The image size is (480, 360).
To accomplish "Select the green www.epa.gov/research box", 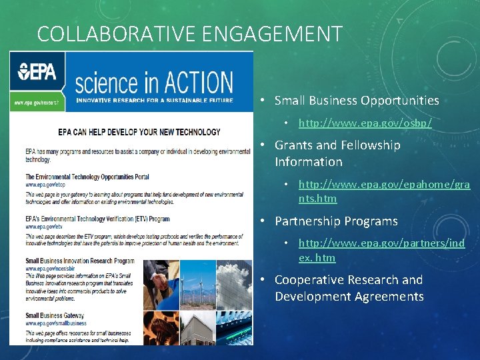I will click(x=37, y=103).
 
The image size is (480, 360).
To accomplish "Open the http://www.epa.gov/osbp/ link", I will click(x=365, y=123).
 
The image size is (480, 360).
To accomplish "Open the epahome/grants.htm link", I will click(x=384, y=191).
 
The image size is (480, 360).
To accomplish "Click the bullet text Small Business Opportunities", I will click(x=357, y=101).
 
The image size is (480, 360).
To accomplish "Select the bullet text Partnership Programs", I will click(x=336, y=221).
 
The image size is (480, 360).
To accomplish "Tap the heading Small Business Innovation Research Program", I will click(x=80, y=261).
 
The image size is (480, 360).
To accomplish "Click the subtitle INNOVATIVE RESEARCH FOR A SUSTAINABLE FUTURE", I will click(x=154, y=101).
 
